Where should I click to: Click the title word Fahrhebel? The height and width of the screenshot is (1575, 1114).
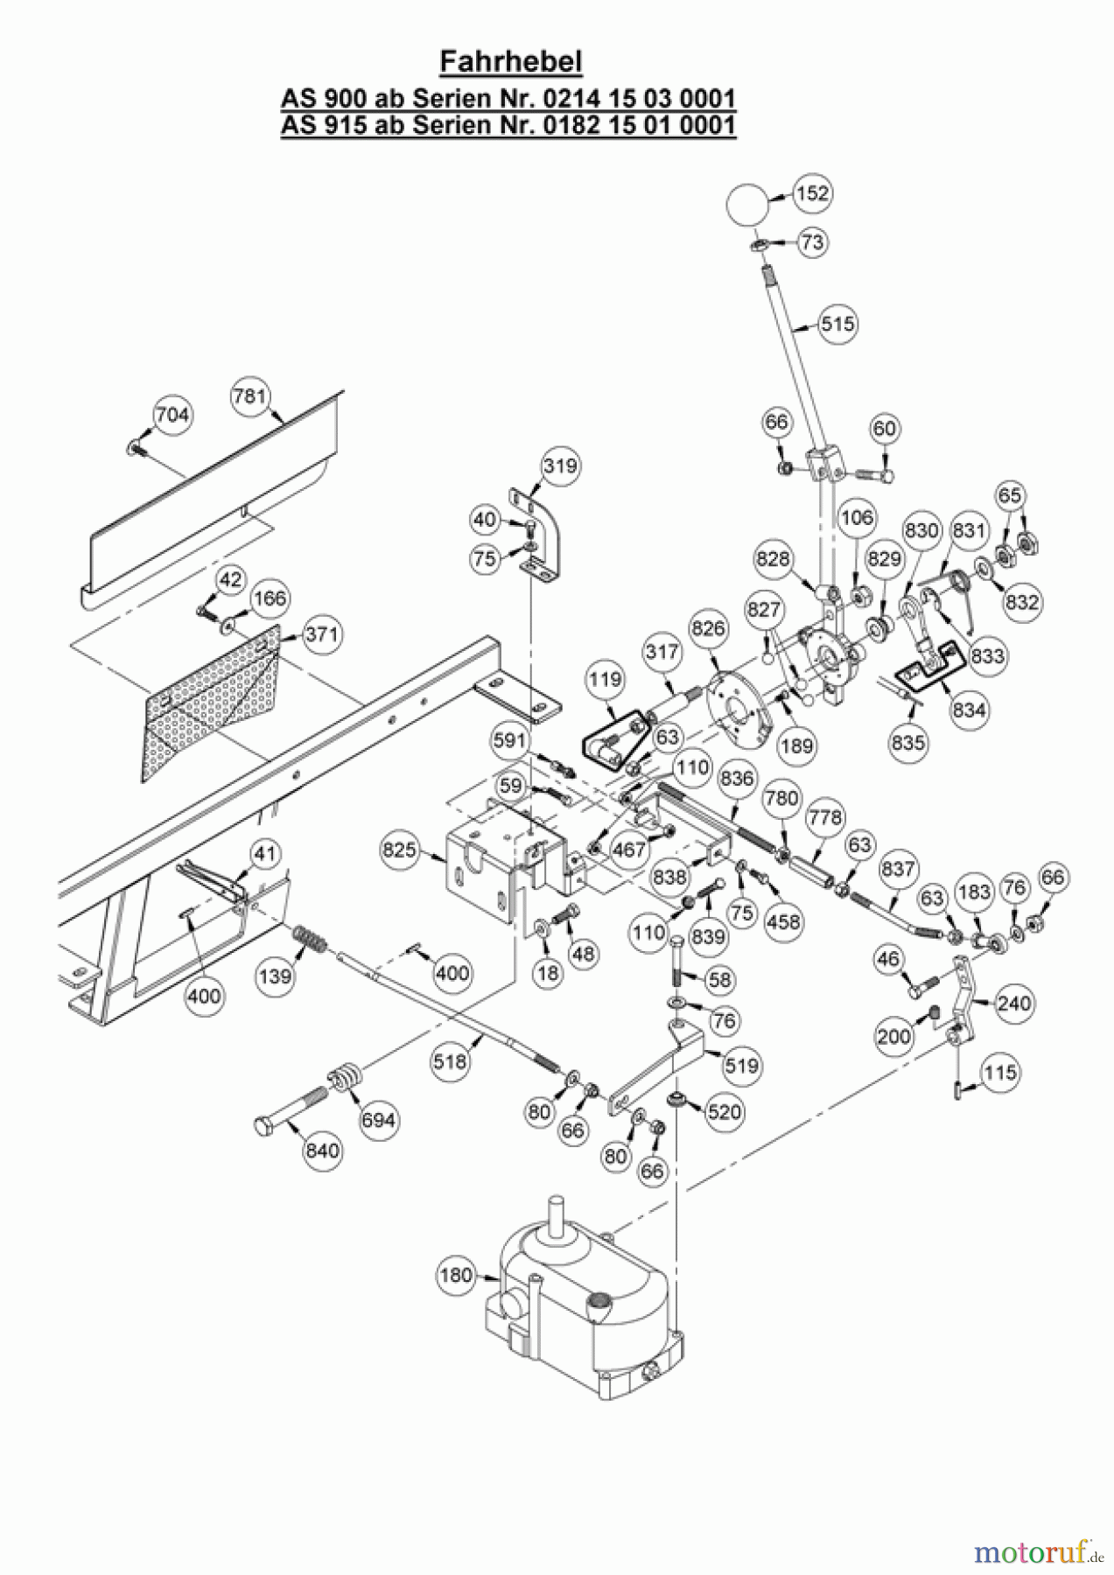(x=510, y=63)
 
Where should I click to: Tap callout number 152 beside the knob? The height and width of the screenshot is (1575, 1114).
(x=813, y=192)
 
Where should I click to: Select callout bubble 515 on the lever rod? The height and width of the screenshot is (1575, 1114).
(x=837, y=324)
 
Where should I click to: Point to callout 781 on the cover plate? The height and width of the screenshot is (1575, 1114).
(x=249, y=396)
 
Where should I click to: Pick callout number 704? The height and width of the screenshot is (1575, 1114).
(x=172, y=414)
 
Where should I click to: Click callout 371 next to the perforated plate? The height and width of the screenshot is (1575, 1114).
(x=322, y=633)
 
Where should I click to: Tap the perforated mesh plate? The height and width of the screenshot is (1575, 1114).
(x=210, y=700)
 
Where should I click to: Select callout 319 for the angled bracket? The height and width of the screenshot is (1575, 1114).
(x=560, y=465)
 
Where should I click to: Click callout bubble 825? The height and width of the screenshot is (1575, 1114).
(x=400, y=850)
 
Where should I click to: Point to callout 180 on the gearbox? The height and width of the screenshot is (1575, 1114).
(x=456, y=1275)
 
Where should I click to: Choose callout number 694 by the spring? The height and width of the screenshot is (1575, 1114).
(x=379, y=1120)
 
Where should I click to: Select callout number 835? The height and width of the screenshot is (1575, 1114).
(x=908, y=743)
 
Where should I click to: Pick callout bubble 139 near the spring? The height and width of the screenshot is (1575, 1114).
(x=276, y=974)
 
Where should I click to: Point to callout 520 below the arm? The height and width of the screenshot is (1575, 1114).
(x=724, y=1112)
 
